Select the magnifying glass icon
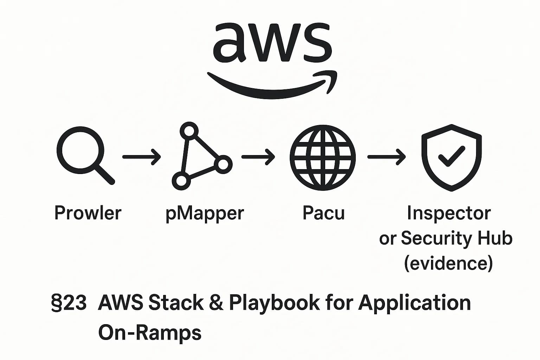coord(84,155)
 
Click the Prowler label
coord(88,213)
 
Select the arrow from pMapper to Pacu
coord(258,157)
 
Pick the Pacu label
coord(323,213)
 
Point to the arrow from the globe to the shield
coord(386,157)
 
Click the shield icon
coord(451,157)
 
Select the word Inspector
coord(449,213)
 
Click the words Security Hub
coord(457,238)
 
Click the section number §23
coord(69,303)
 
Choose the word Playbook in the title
coord(274,303)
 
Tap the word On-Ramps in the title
coord(150,332)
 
